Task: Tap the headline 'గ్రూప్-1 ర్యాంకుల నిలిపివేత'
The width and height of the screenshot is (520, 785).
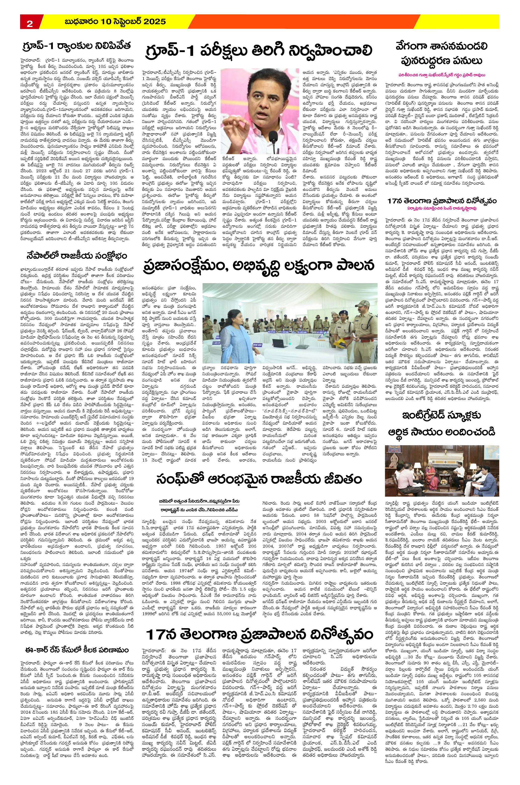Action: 76,45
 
